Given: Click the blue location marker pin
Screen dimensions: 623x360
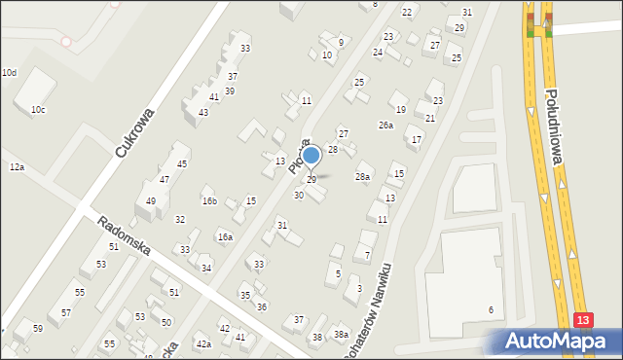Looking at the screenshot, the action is (311, 155).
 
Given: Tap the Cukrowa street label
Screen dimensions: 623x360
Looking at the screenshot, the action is (134, 133).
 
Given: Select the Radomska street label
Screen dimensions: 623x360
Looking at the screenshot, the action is (124, 235).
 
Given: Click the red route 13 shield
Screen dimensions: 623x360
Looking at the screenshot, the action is (582, 320).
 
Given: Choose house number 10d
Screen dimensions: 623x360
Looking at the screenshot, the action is (9, 73).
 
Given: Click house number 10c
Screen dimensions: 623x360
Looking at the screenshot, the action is (37, 110).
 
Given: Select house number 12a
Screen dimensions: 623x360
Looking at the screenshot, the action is (17, 168).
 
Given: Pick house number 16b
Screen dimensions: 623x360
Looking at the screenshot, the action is (209, 201).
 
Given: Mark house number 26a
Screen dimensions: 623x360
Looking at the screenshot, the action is (385, 126).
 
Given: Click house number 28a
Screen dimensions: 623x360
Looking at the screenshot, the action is (362, 177).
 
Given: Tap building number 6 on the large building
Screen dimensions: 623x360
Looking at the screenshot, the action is (491, 309).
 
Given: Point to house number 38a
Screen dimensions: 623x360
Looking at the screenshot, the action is (341, 335).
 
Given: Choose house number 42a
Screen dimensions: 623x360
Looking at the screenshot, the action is (202, 344).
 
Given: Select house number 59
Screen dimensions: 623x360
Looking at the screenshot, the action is (37, 329).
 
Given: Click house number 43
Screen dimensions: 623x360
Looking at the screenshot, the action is (202, 113).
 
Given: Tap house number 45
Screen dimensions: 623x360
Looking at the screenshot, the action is (181, 164).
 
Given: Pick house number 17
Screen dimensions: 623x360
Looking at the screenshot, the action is (416, 140).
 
